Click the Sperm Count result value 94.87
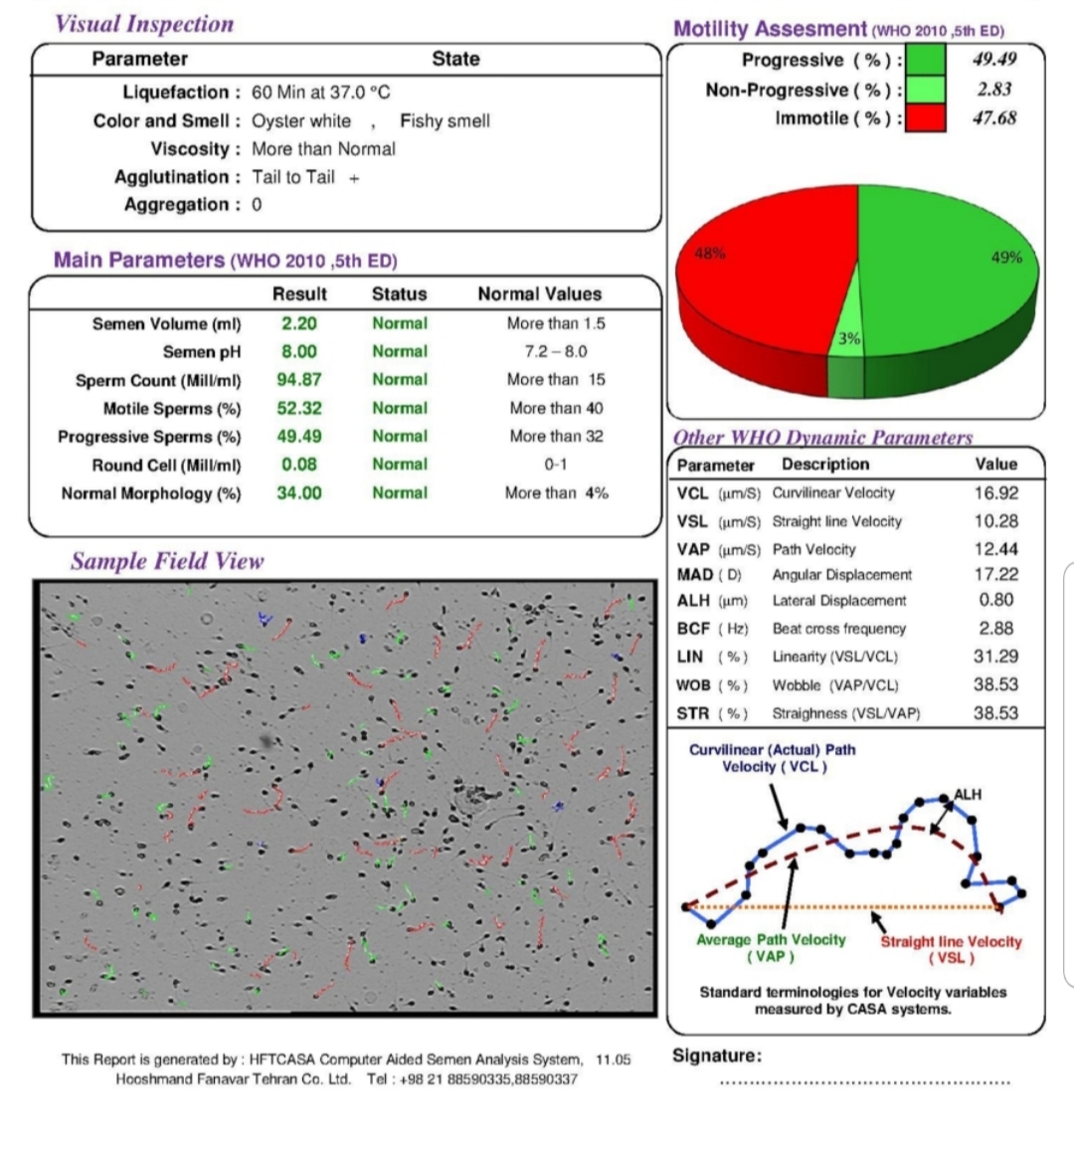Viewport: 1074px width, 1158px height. coord(299,380)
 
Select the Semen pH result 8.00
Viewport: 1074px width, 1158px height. coord(299,351)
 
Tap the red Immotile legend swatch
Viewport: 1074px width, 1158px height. coord(926,118)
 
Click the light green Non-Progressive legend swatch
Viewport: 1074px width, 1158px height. coord(926,90)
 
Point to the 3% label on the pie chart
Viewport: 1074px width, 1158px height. coord(849,338)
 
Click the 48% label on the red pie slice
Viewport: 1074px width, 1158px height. coord(709,254)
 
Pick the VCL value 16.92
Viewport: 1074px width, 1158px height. coord(995,492)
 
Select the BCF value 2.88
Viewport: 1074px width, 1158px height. coord(995,629)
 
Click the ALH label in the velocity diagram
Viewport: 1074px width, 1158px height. coord(967,795)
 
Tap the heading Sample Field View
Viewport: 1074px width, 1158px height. coord(167,561)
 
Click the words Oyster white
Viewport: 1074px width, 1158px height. coord(301,121)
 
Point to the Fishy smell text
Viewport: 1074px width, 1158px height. coord(445,121)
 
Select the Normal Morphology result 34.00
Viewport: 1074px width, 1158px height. coord(299,492)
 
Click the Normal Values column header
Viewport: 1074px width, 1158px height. coord(540,293)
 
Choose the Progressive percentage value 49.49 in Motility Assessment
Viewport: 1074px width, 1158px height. coord(994,59)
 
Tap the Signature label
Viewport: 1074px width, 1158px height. coord(717,1056)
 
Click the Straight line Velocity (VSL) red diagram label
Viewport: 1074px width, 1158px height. coord(951,950)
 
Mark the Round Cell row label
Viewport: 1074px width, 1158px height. coord(166,466)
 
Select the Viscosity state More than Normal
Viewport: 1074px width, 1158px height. coord(323,149)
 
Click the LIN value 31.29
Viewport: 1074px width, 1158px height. coord(995,657)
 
